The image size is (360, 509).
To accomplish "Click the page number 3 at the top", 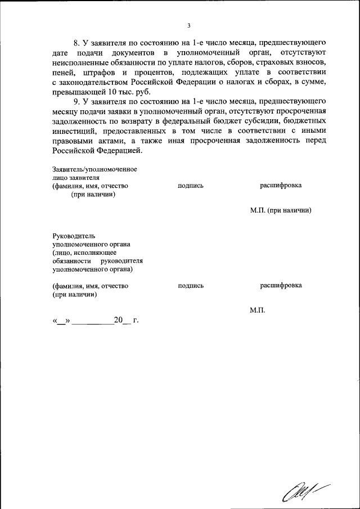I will pyautogui.click(x=190, y=25).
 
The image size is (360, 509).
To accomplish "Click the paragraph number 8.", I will pyautogui.click(x=78, y=43).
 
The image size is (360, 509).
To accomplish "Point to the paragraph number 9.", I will pyautogui.click(x=78, y=101).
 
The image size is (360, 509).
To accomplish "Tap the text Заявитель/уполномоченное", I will pyautogui.click(x=94, y=169).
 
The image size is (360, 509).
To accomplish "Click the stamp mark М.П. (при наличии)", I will pyautogui.click(x=281, y=210).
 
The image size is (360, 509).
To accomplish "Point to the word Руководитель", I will pyautogui.click(x=74, y=236).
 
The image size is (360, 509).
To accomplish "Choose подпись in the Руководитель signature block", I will pyautogui.click(x=191, y=286).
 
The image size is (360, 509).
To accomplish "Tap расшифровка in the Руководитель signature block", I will pyautogui.click(x=281, y=286).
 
